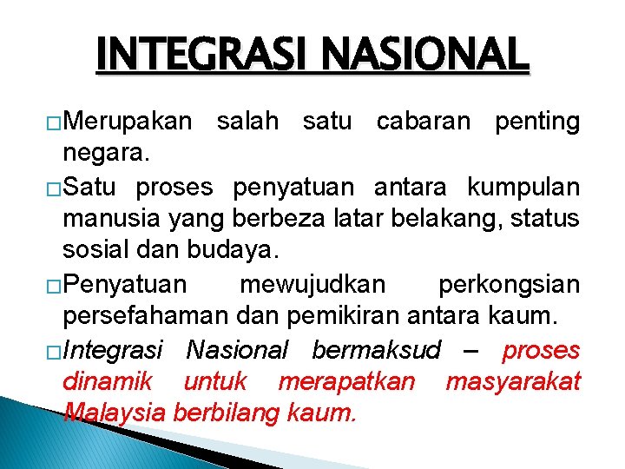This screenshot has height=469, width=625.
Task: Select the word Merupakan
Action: [127, 122]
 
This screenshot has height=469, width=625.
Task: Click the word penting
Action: [536, 122]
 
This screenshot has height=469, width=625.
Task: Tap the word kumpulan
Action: [523, 187]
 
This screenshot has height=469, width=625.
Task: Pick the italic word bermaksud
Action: [376, 350]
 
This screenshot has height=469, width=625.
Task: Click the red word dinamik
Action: [108, 381]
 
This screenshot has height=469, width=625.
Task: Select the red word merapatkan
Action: [346, 381]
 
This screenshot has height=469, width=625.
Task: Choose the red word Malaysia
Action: [115, 413]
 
